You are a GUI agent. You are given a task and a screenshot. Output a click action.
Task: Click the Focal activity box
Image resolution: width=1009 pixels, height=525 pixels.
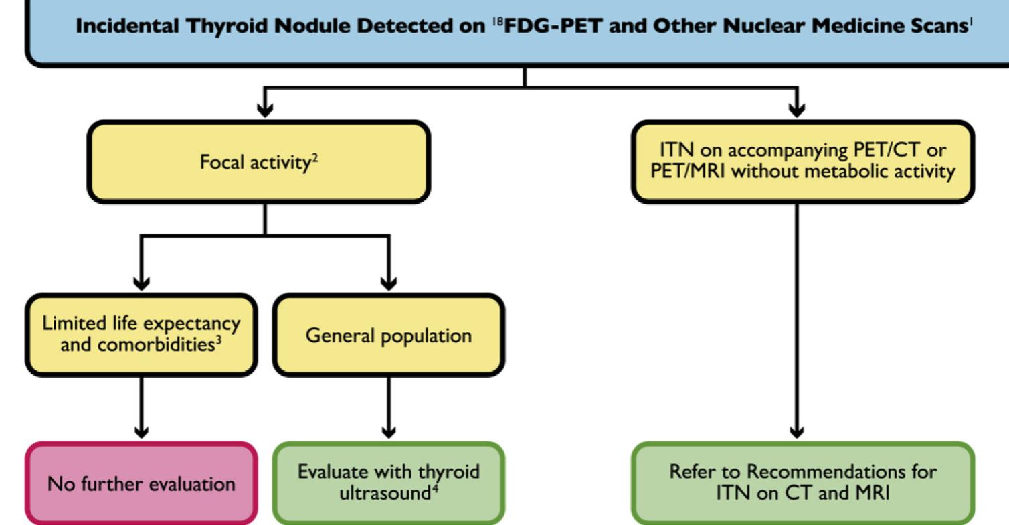tap(258, 163)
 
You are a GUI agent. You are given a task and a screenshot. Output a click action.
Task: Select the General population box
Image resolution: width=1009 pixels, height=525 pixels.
tap(388, 335)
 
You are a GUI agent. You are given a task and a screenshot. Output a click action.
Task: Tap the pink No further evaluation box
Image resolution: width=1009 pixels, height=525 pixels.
tap(141, 483)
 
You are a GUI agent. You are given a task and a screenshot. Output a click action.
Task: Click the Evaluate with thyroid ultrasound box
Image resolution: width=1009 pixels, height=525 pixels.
tap(388, 483)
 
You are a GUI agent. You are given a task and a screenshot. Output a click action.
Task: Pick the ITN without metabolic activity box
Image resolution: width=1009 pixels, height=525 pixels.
tap(802, 162)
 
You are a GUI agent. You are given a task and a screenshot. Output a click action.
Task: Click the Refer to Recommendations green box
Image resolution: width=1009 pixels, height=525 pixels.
tap(802, 483)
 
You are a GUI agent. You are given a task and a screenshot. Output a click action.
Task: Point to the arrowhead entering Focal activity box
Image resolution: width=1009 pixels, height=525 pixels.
tap(266, 110)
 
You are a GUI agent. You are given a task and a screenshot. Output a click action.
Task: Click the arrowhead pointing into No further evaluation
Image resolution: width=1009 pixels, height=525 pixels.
tap(141, 431)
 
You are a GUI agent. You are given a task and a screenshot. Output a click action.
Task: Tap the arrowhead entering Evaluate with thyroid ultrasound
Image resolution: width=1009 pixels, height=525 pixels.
tap(389, 431)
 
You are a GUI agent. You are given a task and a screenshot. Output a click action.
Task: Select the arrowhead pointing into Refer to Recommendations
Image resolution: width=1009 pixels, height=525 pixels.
tap(796, 431)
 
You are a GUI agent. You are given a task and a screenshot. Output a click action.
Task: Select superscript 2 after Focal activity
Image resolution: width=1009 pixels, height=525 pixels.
tap(314, 157)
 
